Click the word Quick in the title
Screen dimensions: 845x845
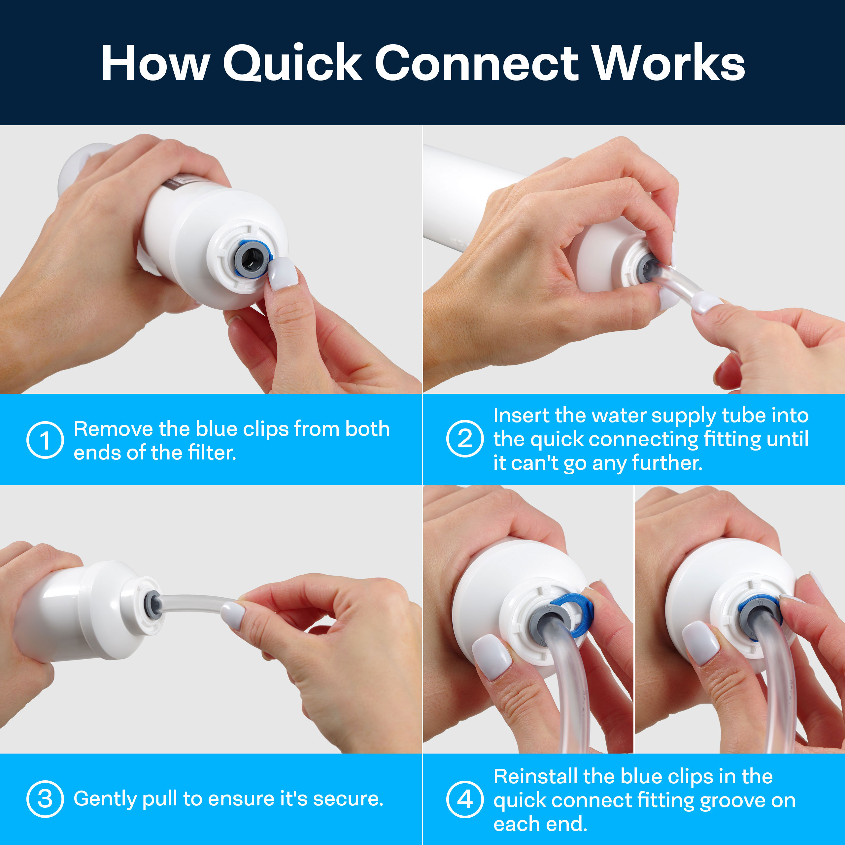coord(292,62)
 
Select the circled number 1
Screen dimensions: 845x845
coord(45,440)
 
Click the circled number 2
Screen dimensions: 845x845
coord(465,439)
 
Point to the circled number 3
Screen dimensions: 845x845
coord(45,799)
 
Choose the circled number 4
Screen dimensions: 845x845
coord(465,799)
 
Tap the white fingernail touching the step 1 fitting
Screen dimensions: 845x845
coord(283,273)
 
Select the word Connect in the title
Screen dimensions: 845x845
coord(477,62)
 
